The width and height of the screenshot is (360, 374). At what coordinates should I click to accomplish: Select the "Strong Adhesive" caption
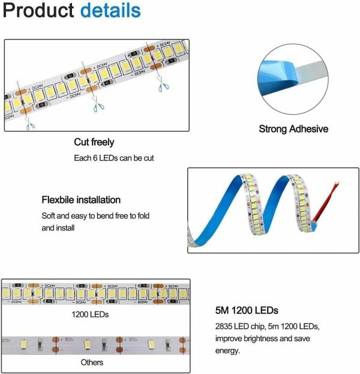[293, 129]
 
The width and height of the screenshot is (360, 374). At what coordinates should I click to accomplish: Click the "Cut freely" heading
[94, 143]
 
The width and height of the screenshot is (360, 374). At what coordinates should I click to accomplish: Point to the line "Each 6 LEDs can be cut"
[112, 158]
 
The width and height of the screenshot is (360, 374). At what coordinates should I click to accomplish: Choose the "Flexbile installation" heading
[81, 200]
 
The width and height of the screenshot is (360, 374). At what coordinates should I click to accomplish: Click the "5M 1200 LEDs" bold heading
[247, 311]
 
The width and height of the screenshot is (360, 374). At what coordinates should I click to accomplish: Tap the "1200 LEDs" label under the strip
[90, 314]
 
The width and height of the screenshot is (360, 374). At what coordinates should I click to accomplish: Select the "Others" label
[92, 362]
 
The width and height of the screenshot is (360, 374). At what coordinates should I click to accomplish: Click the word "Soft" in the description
[49, 216]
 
